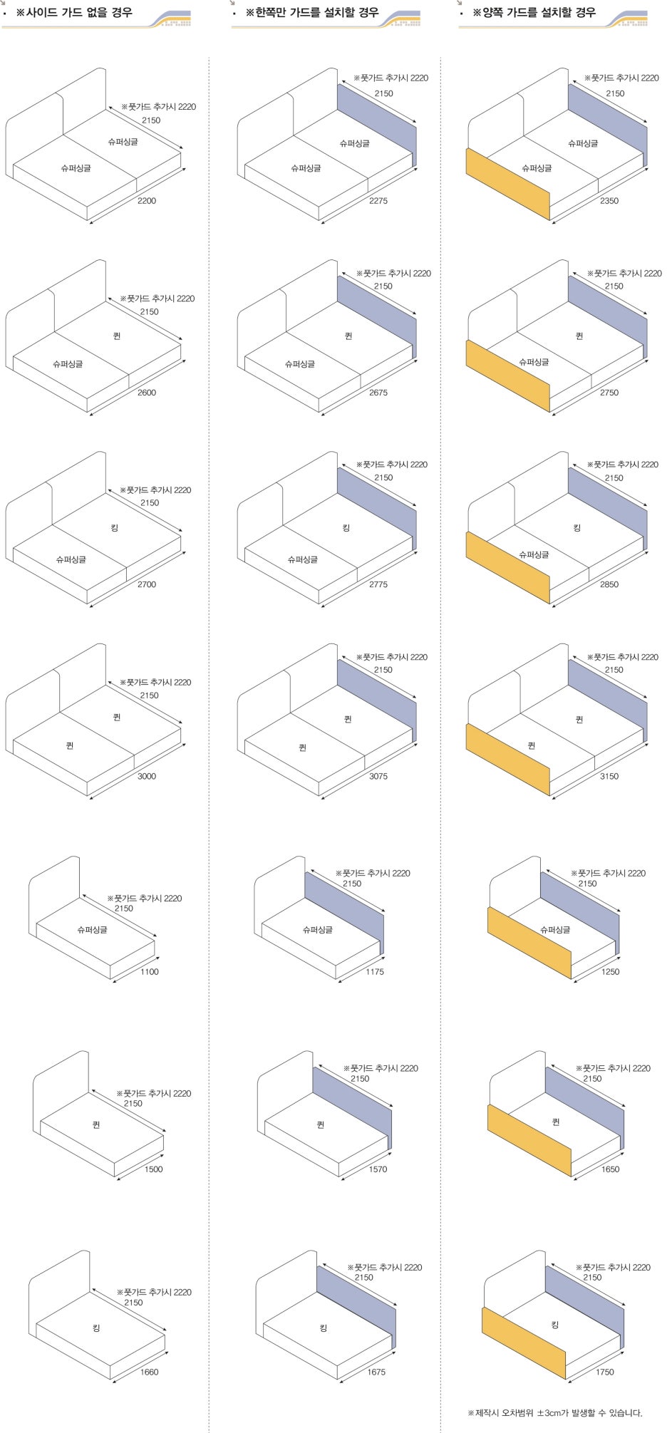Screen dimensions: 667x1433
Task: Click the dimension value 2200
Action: coord(147,201)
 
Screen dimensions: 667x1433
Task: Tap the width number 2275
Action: coord(378,201)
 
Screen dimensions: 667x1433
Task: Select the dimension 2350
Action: coord(609,201)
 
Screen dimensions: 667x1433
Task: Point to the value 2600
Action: coord(147,393)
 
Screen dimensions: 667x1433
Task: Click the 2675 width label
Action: coord(378,393)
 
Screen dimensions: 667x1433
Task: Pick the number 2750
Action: coord(609,393)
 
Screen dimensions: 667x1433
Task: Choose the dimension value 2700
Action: coord(147,584)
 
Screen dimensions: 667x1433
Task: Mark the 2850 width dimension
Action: coord(609,584)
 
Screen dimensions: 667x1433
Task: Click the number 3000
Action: coord(147,776)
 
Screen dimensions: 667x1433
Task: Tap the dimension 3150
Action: coord(609,776)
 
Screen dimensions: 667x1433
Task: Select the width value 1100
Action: coord(150,972)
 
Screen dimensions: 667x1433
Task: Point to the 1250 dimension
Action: coord(611,972)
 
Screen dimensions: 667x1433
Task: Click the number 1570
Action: coord(378,1169)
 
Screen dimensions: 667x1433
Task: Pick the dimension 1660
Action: coord(150,1372)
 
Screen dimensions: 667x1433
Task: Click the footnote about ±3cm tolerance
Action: coord(555,1412)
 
